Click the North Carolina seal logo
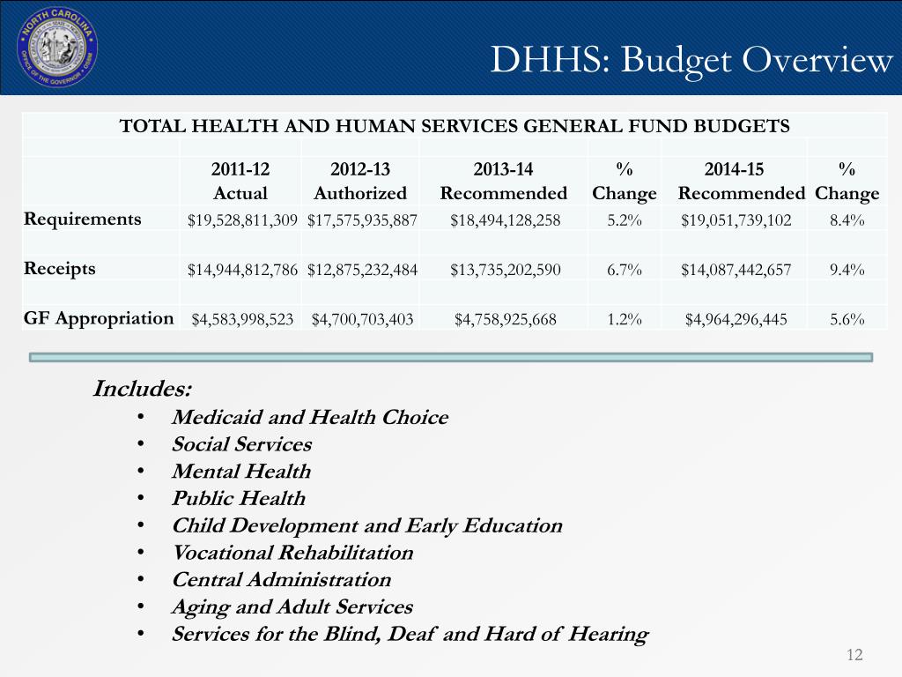pos(57,48)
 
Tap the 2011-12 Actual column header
pos(240,181)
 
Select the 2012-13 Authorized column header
pos(360,181)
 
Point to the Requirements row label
pos(82,219)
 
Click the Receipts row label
pos(60,269)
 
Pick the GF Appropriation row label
pos(99,318)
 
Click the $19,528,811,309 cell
pos(242,220)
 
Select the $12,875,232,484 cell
pos(362,270)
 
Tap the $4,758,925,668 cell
pos(505,319)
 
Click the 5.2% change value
pos(625,219)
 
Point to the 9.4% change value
pos(847,270)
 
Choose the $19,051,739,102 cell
pos(736,220)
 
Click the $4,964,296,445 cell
pos(736,319)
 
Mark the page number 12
pos(854,655)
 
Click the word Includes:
pos(142,389)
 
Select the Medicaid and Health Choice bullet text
pos(309,417)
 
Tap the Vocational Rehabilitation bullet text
pos(292,553)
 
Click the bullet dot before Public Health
pos(141,498)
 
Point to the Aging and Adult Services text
pos(292,607)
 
